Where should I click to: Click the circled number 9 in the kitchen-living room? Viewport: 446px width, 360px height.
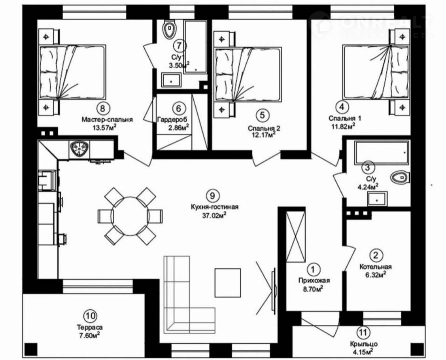[213, 195]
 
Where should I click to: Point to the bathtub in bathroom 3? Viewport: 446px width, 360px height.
[381, 152]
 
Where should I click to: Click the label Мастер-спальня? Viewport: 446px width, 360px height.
[107, 119]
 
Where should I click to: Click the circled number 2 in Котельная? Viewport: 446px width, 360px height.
[376, 255]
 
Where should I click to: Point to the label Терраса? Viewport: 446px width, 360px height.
[91, 327]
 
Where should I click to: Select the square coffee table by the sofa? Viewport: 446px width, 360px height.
[228, 282]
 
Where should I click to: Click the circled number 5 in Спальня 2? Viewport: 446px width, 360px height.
[262, 115]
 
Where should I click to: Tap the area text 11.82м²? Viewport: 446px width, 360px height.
[342, 125]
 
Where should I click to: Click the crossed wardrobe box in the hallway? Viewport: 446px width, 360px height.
[296, 237]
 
